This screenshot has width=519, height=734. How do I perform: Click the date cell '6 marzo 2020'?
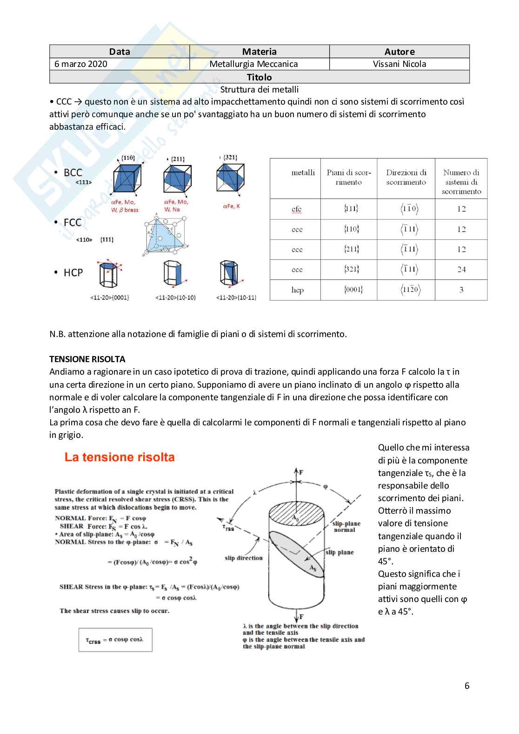(81, 64)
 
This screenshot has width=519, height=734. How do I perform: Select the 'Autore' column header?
(399, 52)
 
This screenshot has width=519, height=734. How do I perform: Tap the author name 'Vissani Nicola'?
(399, 64)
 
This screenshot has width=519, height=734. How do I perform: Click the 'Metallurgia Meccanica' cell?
(253, 64)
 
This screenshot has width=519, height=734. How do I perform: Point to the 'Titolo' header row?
(259, 77)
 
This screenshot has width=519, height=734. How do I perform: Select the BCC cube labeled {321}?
(230, 178)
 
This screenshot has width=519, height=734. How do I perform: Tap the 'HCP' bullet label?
(73, 273)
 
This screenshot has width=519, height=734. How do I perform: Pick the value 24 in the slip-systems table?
(461, 270)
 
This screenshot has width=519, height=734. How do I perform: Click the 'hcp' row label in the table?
(297, 290)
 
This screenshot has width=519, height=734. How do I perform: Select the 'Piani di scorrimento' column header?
(349, 178)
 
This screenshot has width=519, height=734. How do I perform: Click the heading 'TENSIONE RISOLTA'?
(87, 359)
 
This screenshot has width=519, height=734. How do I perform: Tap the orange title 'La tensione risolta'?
(120, 457)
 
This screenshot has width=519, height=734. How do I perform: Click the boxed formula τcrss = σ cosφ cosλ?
(115, 640)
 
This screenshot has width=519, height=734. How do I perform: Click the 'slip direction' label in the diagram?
(243, 558)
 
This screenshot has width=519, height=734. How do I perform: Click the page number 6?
(467, 686)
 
